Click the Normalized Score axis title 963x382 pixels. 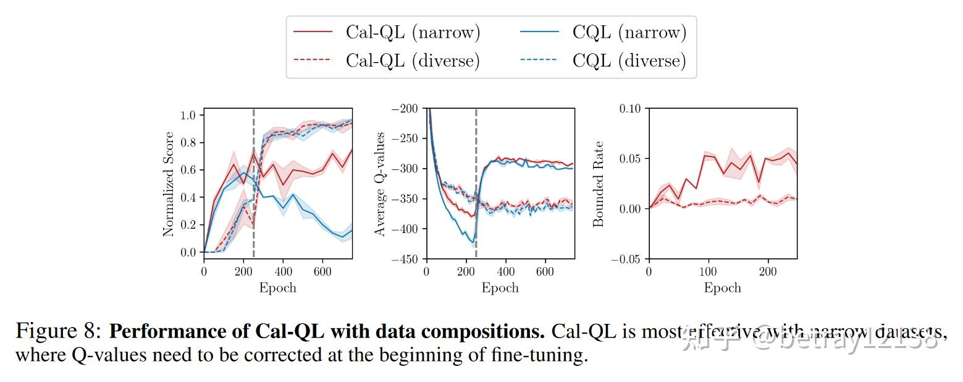tap(169, 184)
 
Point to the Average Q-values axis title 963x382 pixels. tap(381, 184)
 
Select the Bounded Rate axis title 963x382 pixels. tap(598, 184)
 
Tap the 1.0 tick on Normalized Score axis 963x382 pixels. tap(188, 115)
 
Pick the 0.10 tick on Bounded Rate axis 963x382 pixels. tap(630, 109)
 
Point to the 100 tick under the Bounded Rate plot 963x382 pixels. tap(708, 271)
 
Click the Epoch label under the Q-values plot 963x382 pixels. tap(500, 288)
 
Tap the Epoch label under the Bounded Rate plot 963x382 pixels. tap(723, 288)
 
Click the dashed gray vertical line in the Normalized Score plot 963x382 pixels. tap(254, 185)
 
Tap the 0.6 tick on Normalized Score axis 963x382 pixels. tap(188, 170)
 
